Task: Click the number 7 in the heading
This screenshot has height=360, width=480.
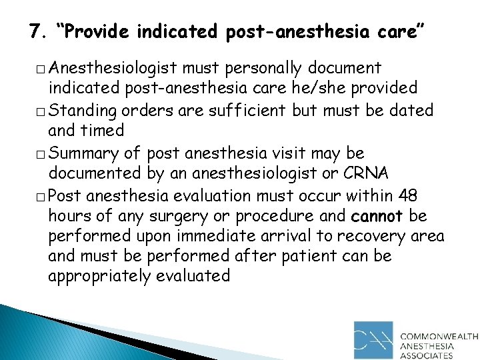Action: coord(35,31)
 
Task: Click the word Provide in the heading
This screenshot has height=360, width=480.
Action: coord(95,31)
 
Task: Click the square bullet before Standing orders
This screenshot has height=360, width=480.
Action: coord(41,111)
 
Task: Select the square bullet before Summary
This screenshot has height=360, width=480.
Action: coord(41,155)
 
